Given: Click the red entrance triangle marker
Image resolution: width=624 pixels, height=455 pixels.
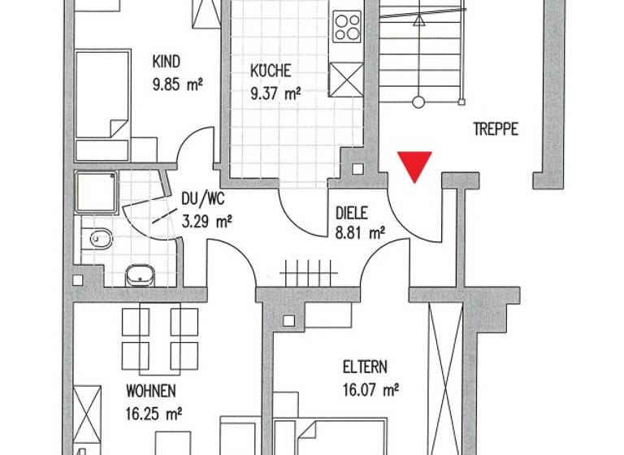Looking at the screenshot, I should (414, 166).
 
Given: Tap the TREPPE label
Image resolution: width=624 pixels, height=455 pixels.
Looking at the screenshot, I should (495, 129).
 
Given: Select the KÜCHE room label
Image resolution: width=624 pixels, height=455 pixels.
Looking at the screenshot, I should (271, 71).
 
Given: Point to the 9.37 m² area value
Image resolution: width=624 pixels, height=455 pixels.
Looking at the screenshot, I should (276, 92).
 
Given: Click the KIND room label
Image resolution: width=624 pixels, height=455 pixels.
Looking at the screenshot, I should (167, 62).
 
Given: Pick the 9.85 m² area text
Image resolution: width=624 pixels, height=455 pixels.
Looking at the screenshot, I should (177, 82).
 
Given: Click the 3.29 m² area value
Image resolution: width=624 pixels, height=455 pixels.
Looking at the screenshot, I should (208, 219).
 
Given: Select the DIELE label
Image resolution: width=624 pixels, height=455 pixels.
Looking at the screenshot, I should (352, 214).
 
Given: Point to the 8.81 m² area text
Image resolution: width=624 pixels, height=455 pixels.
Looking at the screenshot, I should (360, 234).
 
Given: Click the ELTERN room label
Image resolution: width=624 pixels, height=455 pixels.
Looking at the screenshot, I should (365, 366).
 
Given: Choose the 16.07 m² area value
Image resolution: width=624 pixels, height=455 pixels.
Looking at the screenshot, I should (370, 391).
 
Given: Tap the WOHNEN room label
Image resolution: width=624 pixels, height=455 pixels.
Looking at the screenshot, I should (150, 391).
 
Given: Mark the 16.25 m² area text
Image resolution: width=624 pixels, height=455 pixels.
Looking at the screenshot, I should (154, 412).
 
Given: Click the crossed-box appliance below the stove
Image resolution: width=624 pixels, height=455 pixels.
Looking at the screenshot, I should (348, 79).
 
